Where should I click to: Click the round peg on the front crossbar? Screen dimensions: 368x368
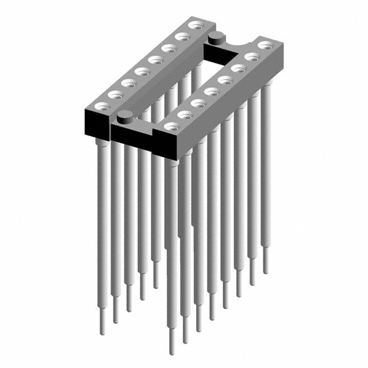point(122,118)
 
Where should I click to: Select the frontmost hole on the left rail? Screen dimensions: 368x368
point(101,105)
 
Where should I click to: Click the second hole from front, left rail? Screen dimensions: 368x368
point(114,94)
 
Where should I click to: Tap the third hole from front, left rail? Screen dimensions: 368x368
point(128,82)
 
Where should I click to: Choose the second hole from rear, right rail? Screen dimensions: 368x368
point(252,56)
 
